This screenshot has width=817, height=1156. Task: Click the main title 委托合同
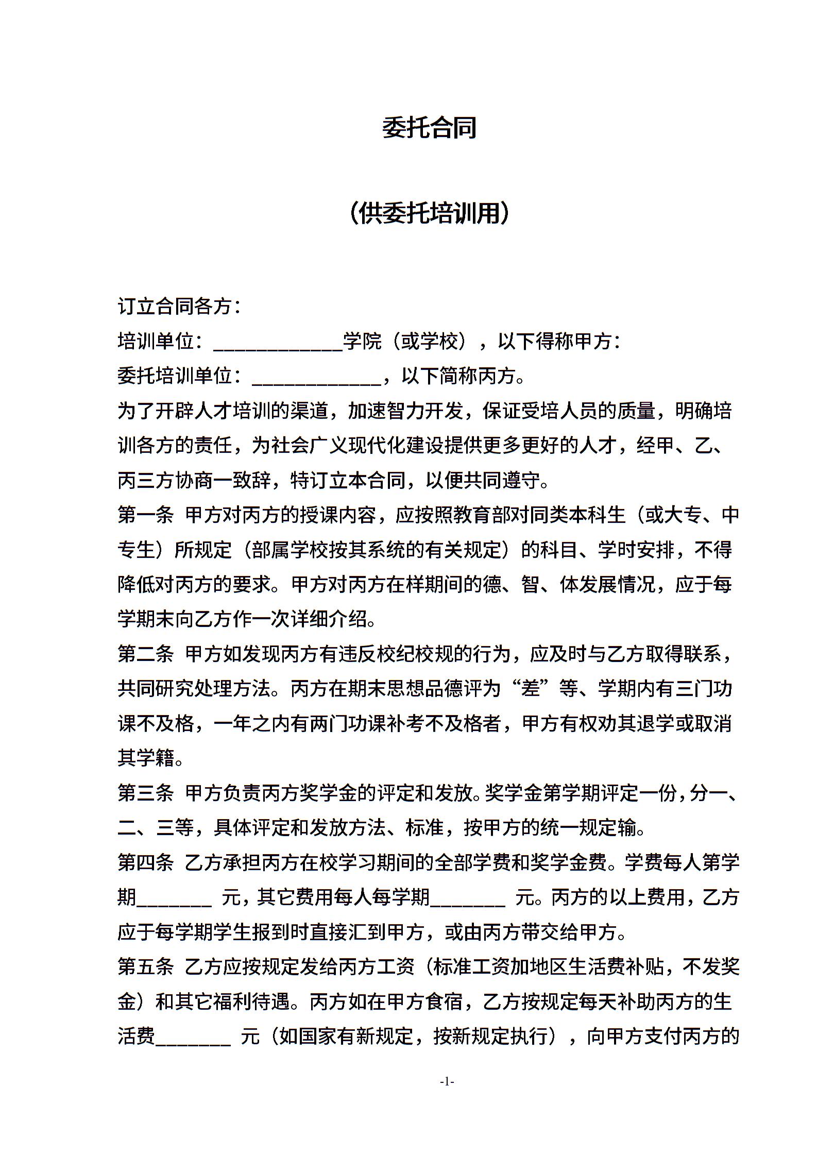429,128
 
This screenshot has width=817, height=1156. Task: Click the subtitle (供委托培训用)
429,213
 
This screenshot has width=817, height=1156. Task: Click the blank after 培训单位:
278,343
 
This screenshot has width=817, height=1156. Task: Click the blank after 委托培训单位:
316,378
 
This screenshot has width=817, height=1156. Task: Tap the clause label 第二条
146,655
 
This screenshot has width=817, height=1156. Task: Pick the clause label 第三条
146,794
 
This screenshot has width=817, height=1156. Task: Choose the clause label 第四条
146,863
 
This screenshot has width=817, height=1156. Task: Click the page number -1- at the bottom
447,1082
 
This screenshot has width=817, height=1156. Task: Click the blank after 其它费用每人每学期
468,898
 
